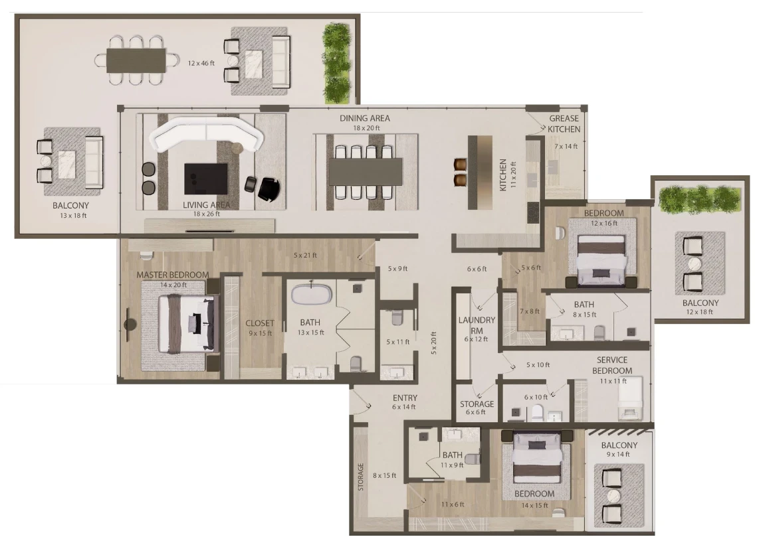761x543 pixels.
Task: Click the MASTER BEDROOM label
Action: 172,275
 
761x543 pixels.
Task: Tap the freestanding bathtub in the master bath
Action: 312,294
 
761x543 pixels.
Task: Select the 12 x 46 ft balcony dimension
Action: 201,63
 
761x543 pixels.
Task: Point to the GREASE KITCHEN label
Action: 564,123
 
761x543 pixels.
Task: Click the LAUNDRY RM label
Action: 477,325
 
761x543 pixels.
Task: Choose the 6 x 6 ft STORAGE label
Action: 477,404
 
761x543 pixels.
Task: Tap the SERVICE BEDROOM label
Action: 612,365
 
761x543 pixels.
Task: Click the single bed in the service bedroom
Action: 630,398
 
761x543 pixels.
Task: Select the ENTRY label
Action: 405,398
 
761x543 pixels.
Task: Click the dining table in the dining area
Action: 366,172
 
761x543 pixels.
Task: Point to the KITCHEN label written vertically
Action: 503,175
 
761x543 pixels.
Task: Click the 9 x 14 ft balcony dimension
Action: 618,454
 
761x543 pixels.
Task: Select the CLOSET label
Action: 260,323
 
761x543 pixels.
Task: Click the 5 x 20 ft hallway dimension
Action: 434,343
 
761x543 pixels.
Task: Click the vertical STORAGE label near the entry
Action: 361,477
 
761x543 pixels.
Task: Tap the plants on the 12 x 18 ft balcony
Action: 699,198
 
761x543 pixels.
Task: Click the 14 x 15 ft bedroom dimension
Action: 534,505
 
